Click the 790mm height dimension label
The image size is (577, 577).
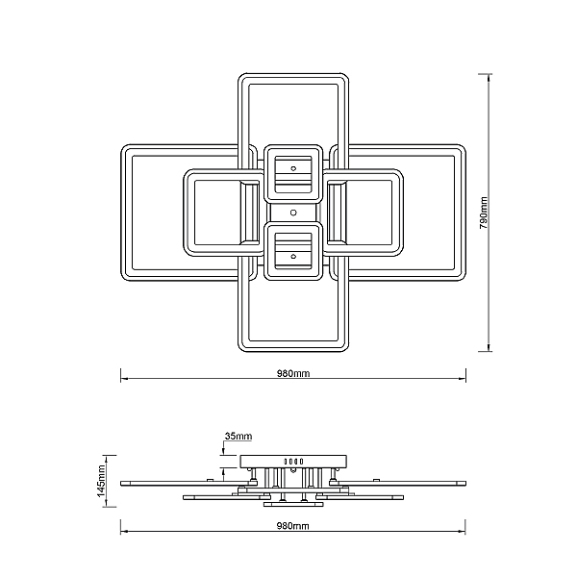pos(484,213)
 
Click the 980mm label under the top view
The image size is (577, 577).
pos(293,373)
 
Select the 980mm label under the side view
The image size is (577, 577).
pos(293,526)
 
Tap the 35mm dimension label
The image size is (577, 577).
pos(238,436)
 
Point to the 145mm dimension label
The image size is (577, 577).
pos(102,481)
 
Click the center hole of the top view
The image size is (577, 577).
pos(293,213)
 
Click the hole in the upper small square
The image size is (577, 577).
pos(293,168)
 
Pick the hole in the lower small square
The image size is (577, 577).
pos(293,257)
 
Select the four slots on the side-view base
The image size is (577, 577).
pos(293,462)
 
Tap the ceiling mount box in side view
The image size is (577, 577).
pos(293,462)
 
